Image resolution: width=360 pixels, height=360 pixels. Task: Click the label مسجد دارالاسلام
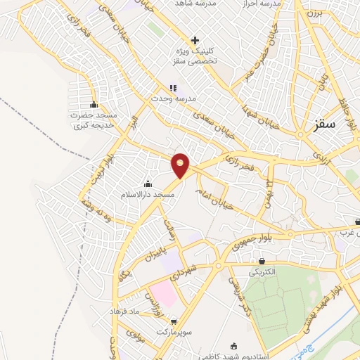coord(148,193)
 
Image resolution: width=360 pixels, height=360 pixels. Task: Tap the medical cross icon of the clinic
coord(195,40)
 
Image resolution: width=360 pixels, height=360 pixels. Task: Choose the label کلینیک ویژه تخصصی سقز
coord(195,57)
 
